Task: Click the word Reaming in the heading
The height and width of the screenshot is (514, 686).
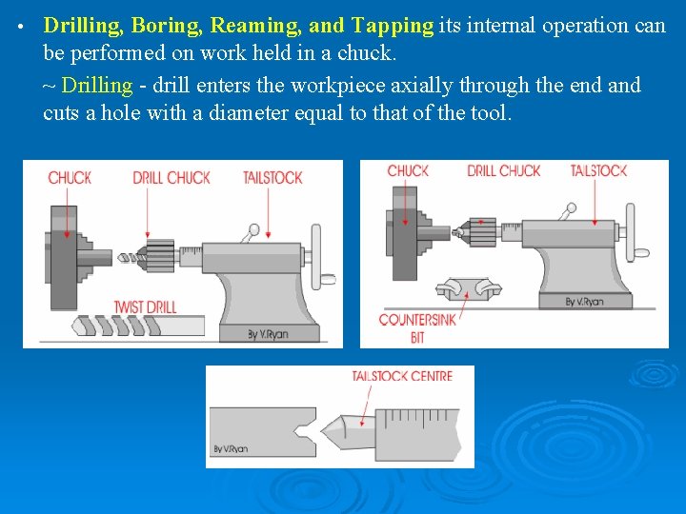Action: tap(253, 26)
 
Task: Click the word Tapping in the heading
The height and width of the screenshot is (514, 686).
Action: tap(392, 26)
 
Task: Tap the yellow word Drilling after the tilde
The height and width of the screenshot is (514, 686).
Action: tap(96, 85)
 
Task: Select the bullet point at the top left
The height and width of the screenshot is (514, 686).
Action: tap(20, 26)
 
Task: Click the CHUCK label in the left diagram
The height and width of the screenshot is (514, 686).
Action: tap(70, 177)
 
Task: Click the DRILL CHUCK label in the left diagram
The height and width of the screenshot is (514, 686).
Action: tap(171, 177)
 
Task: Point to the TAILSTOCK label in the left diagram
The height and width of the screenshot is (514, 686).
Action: tap(272, 177)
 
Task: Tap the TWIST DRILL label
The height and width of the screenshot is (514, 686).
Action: tap(145, 306)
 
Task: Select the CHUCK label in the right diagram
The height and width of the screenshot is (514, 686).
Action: tap(408, 171)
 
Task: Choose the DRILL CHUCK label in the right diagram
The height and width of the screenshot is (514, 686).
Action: tap(503, 171)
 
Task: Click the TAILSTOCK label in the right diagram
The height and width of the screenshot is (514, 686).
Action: tap(598, 171)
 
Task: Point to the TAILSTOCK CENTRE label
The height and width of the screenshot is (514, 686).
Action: tap(402, 376)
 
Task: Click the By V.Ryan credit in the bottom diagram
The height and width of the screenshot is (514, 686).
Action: tap(231, 448)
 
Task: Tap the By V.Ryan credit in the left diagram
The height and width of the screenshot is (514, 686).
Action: tap(268, 333)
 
